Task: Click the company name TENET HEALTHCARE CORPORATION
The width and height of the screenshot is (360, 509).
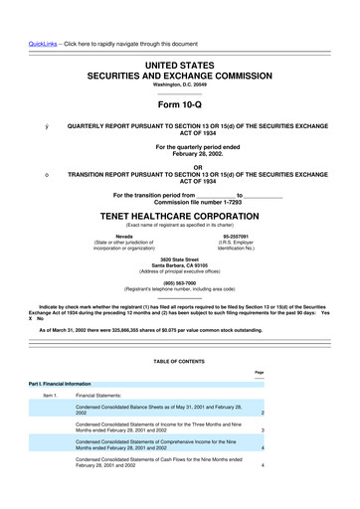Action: (x=179, y=214)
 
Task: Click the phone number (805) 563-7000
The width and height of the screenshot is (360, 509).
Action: (x=179, y=280)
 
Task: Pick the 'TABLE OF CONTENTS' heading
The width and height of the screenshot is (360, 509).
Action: (x=179, y=362)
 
